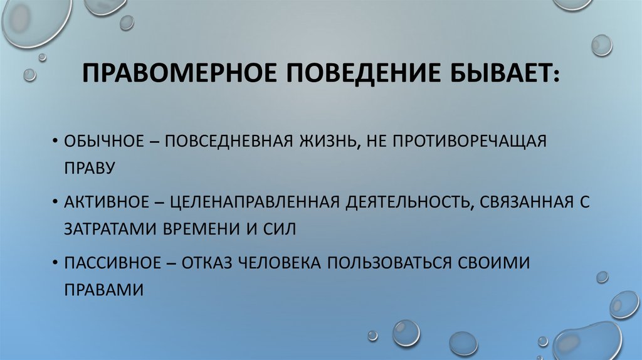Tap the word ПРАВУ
pyautogui.click(x=90, y=167)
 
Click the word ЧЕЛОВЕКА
pyautogui.click(x=285, y=263)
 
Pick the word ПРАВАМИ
pyautogui.click(x=103, y=290)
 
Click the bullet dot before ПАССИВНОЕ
pyautogui.click(x=56, y=263)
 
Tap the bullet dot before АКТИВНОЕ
pyautogui.click(x=56, y=203)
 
